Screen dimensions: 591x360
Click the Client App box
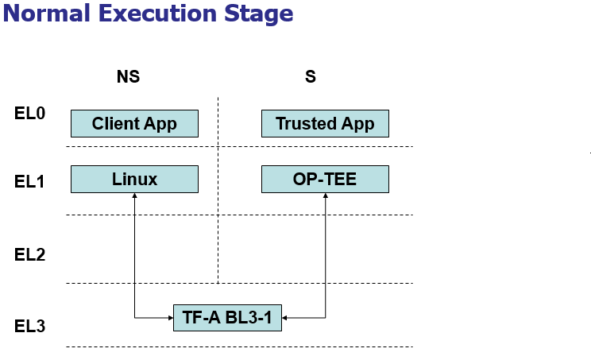tap(134, 124)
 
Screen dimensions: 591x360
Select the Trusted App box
tap(325, 124)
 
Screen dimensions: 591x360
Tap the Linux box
tap(134, 179)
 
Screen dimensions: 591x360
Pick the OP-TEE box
tap(325, 179)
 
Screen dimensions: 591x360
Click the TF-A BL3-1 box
tap(228, 318)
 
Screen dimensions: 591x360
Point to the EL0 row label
tap(29, 113)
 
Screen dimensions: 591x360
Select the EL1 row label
tap(29, 182)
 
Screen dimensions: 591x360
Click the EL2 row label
tap(29, 255)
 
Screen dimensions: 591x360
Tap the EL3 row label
tap(29, 326)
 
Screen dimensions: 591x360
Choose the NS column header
tap(128, 76)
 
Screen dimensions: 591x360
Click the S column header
tap(311, 76)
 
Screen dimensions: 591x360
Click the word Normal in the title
tap(47, 14)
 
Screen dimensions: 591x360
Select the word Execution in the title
tap(157, 14)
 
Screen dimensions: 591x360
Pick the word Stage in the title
tap(259, 15)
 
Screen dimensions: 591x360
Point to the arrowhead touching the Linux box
tap(134, 195)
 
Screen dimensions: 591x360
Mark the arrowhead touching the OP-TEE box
tap(325, 195)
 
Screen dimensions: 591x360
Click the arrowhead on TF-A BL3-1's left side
tap(171, 318)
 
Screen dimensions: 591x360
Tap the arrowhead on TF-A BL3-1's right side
tap(284, 318)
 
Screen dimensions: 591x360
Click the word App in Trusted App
tap(357, 125)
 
